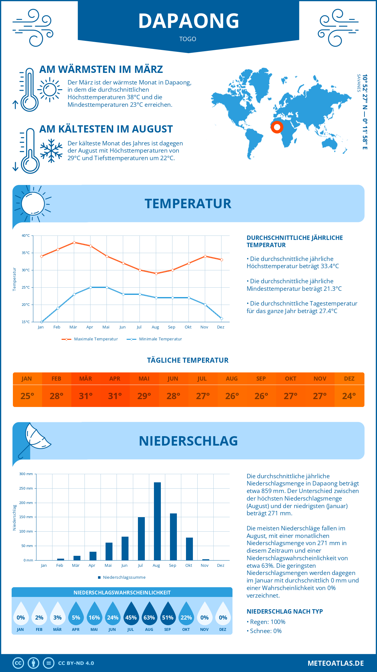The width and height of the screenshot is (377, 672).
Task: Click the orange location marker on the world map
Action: point(277,127)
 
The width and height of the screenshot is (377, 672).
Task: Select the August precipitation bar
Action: point(157,521)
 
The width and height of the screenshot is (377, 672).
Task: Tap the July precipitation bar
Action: point(141,539)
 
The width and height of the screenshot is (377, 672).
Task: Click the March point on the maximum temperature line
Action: point(74,242)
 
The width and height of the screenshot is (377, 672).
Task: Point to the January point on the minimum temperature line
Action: point(41,322)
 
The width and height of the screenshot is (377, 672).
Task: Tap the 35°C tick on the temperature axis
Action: point(26,253)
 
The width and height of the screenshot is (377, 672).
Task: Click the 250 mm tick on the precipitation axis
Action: point(26,488)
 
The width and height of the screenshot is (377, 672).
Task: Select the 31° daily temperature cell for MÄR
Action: point(86,396)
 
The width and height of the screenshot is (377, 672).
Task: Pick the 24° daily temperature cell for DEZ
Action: point(349,396)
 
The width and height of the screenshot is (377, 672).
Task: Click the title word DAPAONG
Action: point(188,21)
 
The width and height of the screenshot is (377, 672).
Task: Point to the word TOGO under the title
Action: point(188,39)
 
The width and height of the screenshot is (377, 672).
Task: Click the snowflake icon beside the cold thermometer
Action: point(51,150)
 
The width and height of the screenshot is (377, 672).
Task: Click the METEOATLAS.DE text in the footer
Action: point(336,663)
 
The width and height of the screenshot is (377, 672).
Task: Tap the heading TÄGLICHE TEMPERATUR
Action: point(188,360)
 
